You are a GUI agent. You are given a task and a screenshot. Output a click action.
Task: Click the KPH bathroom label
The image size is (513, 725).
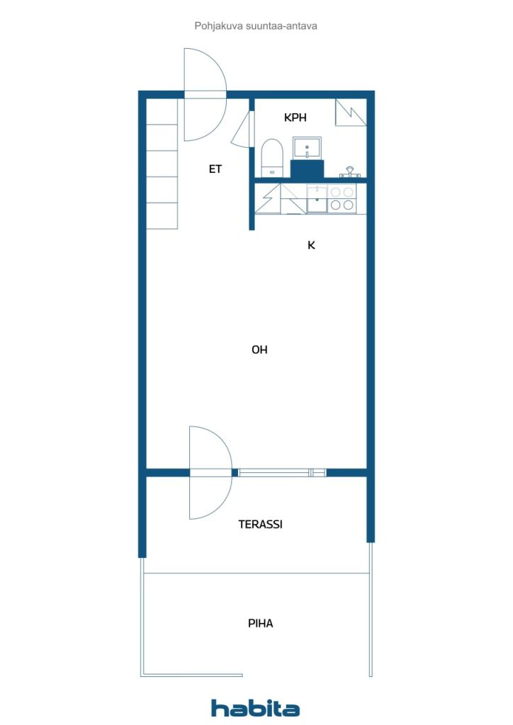[295, 118]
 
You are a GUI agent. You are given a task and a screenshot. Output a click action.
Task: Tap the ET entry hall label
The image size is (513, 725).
[215, 169]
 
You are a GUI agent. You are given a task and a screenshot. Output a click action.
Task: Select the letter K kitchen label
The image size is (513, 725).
[310, 246]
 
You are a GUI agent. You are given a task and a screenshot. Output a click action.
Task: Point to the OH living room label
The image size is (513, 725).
[259, 350]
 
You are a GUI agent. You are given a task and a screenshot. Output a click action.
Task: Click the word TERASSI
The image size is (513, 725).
[260, 525]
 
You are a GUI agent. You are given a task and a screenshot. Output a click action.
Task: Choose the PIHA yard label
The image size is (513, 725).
[260, 624]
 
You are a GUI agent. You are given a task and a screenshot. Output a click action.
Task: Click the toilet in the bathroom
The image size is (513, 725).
[272, 157]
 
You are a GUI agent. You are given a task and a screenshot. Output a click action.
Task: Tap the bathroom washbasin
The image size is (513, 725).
[307, 148]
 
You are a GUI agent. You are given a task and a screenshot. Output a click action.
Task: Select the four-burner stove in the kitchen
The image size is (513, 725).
[342, 199]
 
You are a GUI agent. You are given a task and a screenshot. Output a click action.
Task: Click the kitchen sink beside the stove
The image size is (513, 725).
[317, 199]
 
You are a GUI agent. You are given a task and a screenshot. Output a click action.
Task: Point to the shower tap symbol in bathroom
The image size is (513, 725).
[349, 172]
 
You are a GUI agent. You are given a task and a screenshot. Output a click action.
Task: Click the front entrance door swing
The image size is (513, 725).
[205, 94]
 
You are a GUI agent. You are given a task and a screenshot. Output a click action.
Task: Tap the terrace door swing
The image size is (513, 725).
[210, 472]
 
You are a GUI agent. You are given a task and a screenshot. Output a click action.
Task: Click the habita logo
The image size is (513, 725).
[255, 708]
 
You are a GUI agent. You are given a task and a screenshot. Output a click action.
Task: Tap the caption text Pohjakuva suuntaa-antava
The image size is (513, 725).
[255, 25]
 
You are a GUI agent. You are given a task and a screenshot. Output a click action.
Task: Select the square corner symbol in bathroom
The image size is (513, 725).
[351, 112]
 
